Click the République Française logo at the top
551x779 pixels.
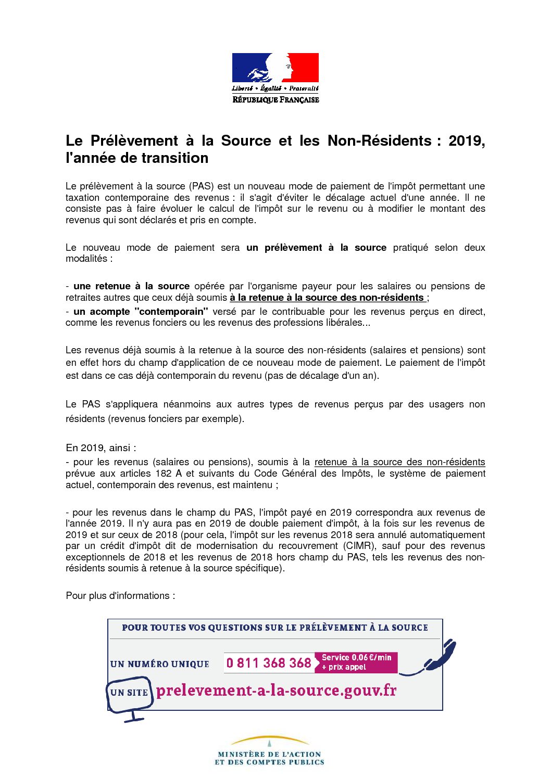click(275, 78)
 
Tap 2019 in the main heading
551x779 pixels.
click(466, 141)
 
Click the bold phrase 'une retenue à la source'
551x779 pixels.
click(131, 286)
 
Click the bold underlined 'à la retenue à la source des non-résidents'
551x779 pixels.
click(327, 298)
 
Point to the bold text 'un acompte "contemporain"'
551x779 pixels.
click(141, 312)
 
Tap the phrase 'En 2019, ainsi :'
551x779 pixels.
click(101, 448)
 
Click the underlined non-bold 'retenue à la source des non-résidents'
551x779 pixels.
click(399, 462)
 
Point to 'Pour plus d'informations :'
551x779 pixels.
click(120, 596)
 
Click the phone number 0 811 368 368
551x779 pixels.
click(269, 663)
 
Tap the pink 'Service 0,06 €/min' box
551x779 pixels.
click(356, 662)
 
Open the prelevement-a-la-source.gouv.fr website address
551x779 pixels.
click(276, 691)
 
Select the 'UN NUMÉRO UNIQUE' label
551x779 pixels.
click(160, 664)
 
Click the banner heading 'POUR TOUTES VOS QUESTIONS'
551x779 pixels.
click(275, 628)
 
